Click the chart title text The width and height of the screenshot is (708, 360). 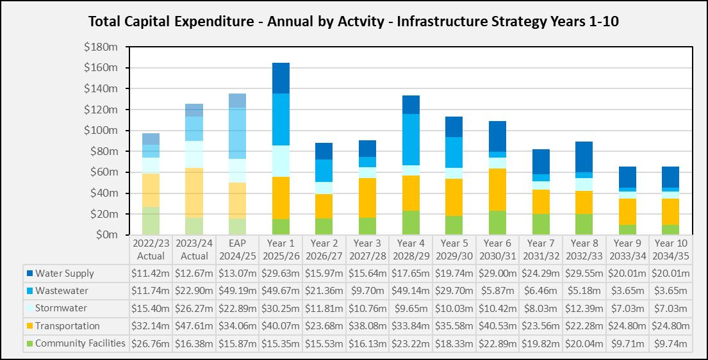coord(354,21)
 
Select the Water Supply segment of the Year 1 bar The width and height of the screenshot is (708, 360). coord(281,78)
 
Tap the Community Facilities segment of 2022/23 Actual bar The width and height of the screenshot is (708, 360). coord(151,221)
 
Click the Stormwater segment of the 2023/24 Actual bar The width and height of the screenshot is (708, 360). coord(194,154)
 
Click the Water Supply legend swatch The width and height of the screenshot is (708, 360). coord(29,274)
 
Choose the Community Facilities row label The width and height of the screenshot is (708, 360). coord(80,343)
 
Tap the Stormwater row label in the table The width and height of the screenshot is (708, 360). coord(61,308)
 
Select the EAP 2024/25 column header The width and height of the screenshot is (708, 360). coord(237,249)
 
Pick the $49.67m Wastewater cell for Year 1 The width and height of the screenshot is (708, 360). coord(281,291)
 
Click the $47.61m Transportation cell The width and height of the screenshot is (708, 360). coord(194,326)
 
